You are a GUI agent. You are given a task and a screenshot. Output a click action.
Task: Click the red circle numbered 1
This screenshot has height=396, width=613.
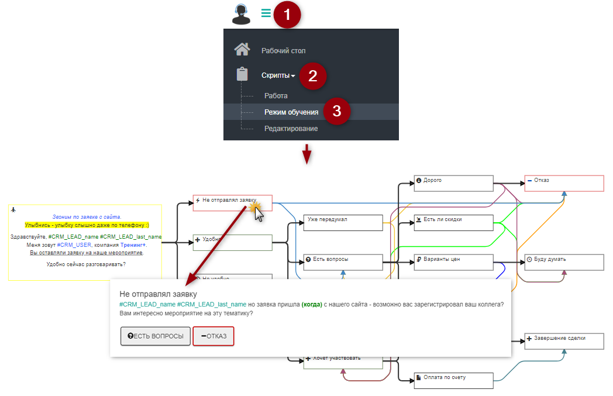[x=286, y=13]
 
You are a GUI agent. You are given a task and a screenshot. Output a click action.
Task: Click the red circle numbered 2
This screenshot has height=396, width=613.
[x=312, y=75]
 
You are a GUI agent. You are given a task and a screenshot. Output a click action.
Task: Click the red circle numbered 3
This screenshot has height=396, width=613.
[x=336, y=112]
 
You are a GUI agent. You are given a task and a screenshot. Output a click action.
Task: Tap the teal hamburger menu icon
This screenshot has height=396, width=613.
[x=266, y=13]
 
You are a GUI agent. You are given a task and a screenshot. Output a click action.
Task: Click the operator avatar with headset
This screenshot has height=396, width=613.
[x=241, y=13]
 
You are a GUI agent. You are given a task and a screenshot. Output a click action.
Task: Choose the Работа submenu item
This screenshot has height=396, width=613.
[x=275, y=95]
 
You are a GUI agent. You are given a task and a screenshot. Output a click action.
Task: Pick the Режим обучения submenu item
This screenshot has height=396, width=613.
[x=291, y=112]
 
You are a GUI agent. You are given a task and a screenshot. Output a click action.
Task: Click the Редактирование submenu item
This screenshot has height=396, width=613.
[x=291, y=128]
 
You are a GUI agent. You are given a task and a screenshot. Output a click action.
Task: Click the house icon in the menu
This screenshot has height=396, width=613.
[x=242, y=50]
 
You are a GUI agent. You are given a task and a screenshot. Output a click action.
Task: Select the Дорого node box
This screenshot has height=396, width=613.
[x=454, y=183]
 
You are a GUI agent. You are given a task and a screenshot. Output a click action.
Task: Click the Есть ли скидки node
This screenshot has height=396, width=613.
[x=454, y=223]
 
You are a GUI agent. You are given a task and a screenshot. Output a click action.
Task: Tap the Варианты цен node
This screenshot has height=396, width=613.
[x=454, y=263]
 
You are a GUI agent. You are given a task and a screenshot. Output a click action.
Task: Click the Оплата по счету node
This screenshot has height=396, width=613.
[x=454, y=381]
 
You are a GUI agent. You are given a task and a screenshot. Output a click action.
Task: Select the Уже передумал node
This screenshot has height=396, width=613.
[x=343, y=223]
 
